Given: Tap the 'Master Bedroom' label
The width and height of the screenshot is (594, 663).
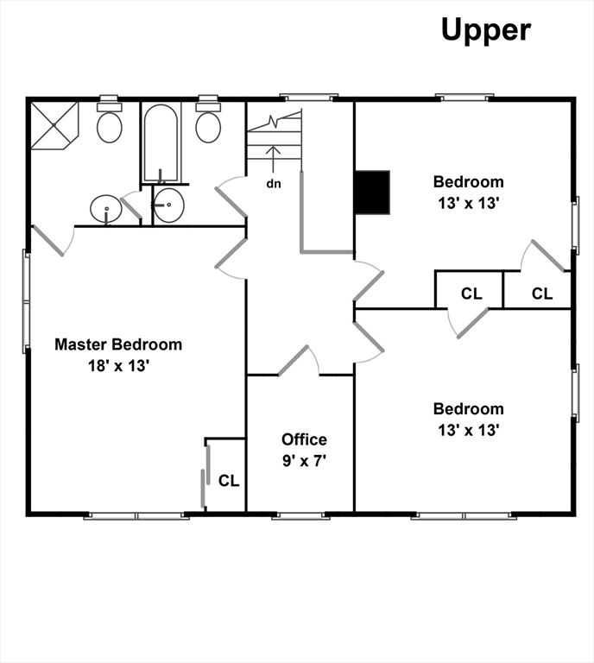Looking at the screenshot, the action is click(x=118, y=344).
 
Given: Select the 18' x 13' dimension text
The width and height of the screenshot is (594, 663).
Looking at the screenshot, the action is click(x=118, y=366).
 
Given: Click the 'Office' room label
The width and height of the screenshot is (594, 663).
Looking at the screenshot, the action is click(x=304, y=439).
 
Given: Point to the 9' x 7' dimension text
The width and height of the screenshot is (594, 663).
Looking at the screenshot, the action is click(x=304, y=461).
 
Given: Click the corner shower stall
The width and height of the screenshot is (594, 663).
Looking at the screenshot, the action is click(x=54, y=125).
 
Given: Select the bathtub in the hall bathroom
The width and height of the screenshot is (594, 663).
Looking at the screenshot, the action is click(x=161, y=143).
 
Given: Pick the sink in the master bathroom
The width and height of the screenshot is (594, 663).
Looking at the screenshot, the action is click(x=105, y=209).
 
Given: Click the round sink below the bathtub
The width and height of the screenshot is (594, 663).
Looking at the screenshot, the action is click(x=167, y=205).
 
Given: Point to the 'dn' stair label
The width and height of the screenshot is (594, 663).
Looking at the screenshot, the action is click(x=274, y=184).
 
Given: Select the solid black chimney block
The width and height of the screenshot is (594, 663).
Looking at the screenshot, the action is click(x=372, y=193).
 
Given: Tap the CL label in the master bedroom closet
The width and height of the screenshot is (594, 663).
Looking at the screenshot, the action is click(x=229, y=481).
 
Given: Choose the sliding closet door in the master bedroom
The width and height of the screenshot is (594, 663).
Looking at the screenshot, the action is click(x=205, y=477).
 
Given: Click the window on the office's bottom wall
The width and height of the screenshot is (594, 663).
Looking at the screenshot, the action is click(x=300, y=516).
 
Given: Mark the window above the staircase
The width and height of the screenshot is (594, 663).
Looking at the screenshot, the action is click(x=309, y=98).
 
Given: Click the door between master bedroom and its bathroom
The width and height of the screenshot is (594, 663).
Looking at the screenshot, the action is click(x=53, y=241).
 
